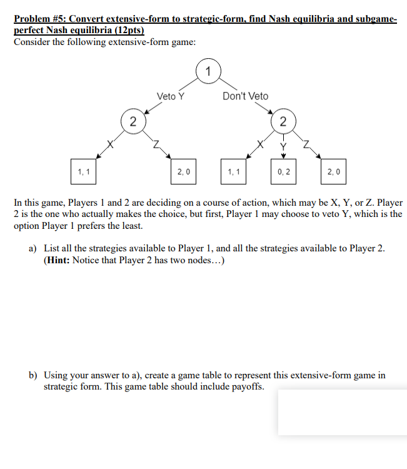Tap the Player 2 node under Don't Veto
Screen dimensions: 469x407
pyautogui.click(x=283, y=121)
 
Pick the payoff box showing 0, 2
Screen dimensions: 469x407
pyautogui.click(x=283, y=171)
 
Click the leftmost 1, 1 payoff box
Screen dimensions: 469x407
pyautogui.click(x=83, y=171)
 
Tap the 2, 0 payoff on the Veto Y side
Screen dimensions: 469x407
pyautogui.click(x=183, y=171)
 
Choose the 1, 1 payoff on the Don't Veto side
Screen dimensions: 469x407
pyautogui.click(x=233, y=171)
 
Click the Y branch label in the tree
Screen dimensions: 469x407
pyautogui.click(x=283, y=148)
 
